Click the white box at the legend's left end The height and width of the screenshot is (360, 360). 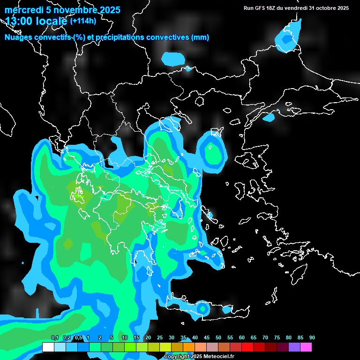pos(48,347)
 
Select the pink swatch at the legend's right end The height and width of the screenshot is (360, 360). pos(306,347)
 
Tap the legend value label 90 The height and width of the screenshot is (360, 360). pos(312,337)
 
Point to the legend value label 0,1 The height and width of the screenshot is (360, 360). pos(55,337)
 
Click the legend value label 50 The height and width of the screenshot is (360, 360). pos(218,337)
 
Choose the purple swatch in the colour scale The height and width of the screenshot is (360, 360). pos(294,347)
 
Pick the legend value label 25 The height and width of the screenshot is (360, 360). pos(160,337)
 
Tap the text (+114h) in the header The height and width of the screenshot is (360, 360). pos(83,21)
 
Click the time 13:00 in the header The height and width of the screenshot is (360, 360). pos(18,21)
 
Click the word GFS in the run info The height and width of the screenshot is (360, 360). pos(259,8)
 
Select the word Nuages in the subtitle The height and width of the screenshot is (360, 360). pos(18,37)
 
